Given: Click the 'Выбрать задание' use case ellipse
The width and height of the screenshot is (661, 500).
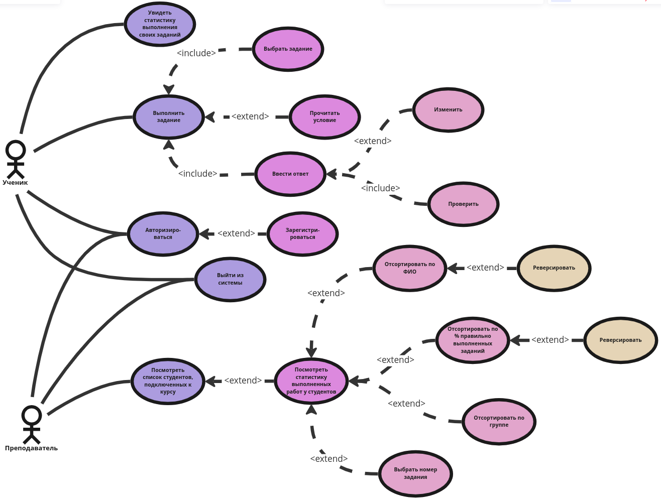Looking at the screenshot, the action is point(288,49).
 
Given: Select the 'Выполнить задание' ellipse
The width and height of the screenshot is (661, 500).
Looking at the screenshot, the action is point(169,117).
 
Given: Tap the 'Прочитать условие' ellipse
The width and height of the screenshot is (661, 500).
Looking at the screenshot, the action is point(324,117).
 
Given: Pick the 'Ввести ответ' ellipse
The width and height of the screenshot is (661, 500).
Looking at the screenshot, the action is point(290,174).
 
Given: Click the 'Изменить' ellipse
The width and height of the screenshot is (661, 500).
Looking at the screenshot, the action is point(448,110).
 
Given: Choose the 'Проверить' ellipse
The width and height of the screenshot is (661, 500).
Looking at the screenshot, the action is point(463,204).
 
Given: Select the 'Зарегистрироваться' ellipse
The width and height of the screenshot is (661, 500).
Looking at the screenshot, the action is point(303,234).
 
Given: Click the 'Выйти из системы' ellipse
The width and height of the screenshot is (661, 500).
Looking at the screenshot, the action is point(230,279).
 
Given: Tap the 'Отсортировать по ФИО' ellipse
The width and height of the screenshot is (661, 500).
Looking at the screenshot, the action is point(409,268).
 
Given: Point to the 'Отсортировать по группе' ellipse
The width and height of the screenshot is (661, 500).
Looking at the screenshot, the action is point(499,422).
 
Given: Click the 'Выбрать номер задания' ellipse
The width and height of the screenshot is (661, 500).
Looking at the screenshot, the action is point(415,473).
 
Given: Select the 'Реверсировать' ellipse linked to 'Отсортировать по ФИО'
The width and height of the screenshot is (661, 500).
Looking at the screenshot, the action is point(554,268).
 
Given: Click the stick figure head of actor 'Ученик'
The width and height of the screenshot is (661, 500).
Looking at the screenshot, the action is point(16,150).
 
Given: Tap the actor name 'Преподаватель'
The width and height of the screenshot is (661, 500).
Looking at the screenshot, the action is point(31,448).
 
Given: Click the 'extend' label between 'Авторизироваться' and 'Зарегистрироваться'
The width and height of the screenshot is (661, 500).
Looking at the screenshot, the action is point(236,233).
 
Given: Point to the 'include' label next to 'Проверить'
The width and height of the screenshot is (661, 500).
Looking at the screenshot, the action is point(380,188).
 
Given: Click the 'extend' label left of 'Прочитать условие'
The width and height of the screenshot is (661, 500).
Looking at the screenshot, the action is point(250,116).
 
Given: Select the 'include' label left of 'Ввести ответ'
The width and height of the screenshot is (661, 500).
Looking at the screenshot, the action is point(197,174).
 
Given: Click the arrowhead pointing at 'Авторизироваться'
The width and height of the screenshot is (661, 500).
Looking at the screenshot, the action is point(204,234).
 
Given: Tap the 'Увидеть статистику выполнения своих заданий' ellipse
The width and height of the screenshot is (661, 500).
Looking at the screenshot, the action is point(160,24).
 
